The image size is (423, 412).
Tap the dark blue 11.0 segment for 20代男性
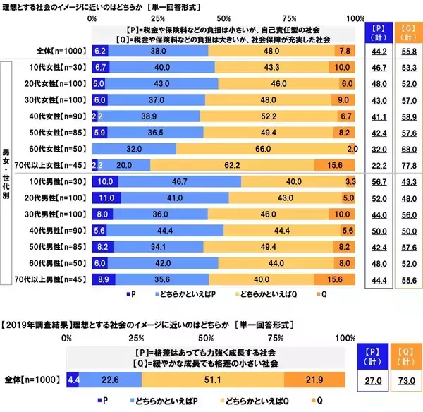pyautogui.click(x=106, y=200)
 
